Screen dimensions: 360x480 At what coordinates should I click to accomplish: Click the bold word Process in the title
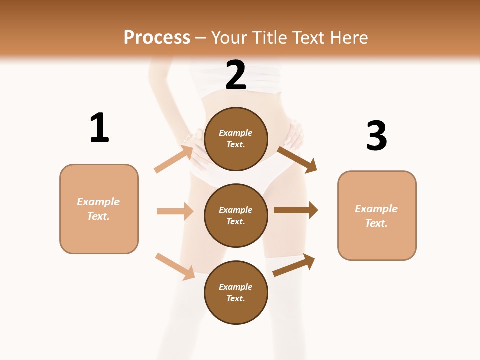coord(157,37)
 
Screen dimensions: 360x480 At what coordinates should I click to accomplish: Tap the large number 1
coord(99,128)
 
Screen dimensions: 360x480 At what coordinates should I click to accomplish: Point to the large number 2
coord(236,75)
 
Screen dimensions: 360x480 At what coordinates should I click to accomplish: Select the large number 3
coord(376,136)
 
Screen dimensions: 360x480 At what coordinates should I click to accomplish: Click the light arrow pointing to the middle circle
coord(175,211)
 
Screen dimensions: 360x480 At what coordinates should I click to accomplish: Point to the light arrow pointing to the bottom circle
coord(175,266)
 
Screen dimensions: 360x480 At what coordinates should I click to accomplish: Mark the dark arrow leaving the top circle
coord(297,159)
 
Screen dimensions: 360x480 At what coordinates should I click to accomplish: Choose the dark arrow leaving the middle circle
coord(296,210)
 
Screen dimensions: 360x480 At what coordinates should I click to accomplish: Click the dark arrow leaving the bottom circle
coord(294,265)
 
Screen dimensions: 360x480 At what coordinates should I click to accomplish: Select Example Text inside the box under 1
coord(98,209)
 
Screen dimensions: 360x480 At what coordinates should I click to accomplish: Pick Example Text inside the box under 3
coord(376,216)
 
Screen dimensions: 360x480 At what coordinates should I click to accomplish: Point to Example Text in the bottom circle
coord(236,293)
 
